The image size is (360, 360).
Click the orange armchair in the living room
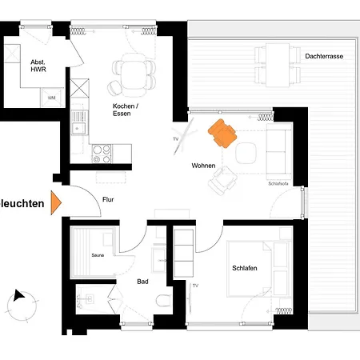pos(222,134)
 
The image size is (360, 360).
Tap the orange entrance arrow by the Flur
pos(56,202)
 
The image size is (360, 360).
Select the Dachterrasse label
pos(324,56)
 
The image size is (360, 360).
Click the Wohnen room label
pos(203,166)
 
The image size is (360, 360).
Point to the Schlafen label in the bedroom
pos(245,268)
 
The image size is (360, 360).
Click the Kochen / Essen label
pos(126,110)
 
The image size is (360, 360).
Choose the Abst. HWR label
pos(38,66)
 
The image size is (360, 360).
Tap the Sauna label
pos(98,255)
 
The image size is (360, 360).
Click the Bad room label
pos(142,282)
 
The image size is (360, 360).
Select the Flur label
pos(108,199)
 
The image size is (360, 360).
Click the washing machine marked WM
pos(52,98)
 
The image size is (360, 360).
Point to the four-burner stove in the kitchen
pos(102,154)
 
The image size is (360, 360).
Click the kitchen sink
pos(79,123)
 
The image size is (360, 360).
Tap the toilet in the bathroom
pos(163,301)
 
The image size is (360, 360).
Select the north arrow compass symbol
pos(22,306)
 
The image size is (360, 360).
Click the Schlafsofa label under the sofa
pos(278,183)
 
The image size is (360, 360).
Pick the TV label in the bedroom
pos(195,286)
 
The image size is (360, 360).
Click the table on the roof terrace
pos(278,66)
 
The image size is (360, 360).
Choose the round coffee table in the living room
pos(246,153)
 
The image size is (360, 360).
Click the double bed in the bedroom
pos(258,269)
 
